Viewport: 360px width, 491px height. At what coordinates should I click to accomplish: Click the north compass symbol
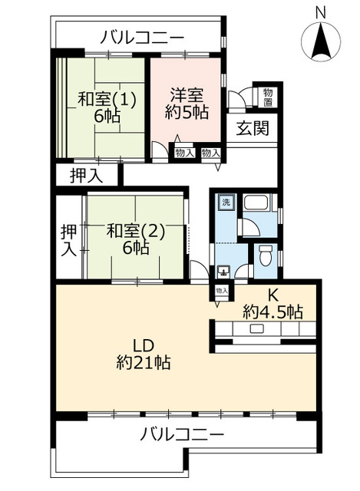(321, 41)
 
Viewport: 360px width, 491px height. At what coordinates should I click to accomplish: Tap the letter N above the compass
(320, 13)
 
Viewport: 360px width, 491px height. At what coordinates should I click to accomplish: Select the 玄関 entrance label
(253, 128)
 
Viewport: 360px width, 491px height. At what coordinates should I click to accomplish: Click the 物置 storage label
(268, 97)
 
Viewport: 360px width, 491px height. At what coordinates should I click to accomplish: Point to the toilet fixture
(266, 255)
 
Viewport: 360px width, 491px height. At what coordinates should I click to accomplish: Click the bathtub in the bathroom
(256, 203)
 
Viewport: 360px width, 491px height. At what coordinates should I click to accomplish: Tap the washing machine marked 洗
(226, 202)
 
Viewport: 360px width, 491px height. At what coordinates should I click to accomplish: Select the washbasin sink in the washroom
(223, 272)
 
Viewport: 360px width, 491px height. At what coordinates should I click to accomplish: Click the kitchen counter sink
(256, 328)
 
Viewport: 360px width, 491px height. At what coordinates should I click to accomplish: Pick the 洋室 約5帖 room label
(187, 104)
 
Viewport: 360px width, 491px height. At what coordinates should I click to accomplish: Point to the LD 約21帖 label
(144, 354)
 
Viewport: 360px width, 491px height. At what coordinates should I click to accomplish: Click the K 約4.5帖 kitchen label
(272, 304)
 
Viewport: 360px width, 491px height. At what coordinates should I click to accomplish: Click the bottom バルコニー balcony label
(182, 434)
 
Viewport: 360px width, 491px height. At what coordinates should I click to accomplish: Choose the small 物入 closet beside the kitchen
(222, 291)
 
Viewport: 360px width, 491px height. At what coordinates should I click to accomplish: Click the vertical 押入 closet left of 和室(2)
(68, 240)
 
